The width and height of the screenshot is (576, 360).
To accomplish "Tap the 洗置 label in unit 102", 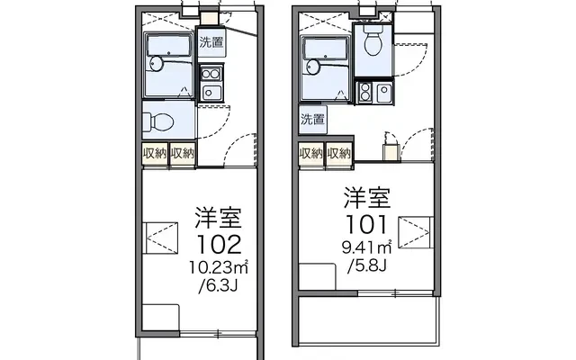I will coord(211,41).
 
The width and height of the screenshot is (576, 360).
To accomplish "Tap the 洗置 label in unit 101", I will coord(312,119).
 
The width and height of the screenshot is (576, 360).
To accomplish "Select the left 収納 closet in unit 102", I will coord(155,154).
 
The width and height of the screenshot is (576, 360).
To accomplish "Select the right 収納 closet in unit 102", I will coord(183,154).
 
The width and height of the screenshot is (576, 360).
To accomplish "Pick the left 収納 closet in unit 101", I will coord(311,154).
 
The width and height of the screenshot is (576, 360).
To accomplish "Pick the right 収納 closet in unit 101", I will coord(339,154).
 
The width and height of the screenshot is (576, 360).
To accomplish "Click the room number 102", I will coord(219,244).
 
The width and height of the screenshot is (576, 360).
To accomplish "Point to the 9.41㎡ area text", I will coord(366,247).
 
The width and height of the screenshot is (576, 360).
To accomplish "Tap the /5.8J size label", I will coord(365,267).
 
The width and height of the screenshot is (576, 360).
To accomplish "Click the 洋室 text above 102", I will coord(220,217).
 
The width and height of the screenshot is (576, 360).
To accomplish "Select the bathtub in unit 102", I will coord(167,63).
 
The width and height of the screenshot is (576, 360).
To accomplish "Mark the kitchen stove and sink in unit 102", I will coord(213,82).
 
